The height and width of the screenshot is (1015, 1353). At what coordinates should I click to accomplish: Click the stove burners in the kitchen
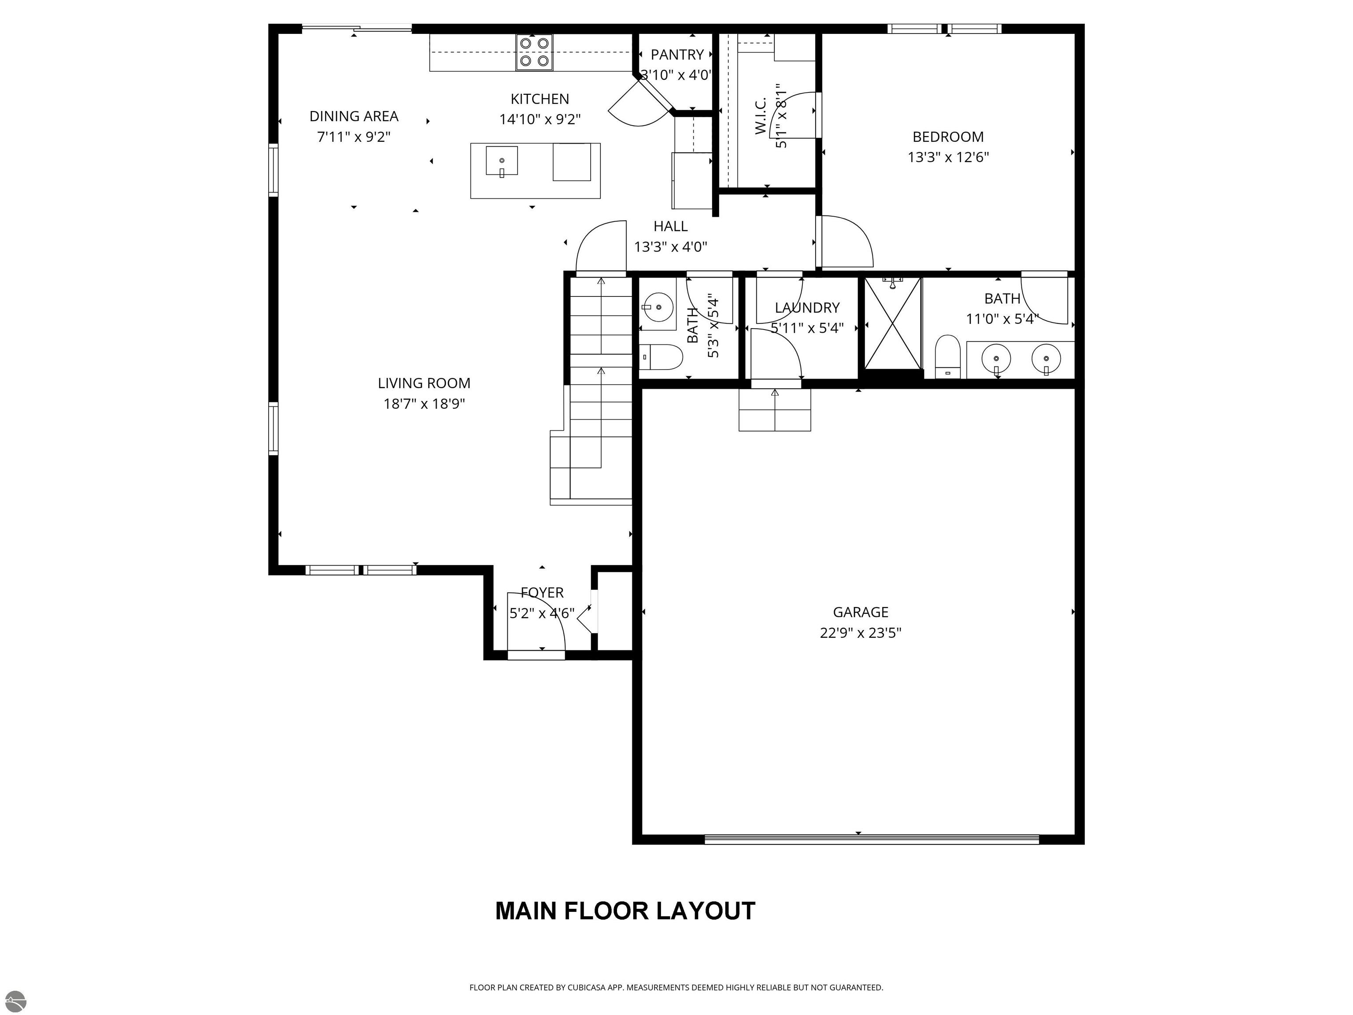tap(534, 52)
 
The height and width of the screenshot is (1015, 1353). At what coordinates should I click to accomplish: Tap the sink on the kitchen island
tap(502, 161)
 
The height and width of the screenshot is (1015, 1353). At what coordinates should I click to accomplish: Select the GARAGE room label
tap(860, 612)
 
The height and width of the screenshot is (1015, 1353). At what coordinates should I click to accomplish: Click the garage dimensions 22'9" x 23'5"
tap(860, 633)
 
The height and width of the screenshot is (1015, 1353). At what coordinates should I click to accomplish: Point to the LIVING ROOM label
tap(424, 383)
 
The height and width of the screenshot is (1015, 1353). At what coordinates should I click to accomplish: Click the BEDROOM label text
tap(948, 137)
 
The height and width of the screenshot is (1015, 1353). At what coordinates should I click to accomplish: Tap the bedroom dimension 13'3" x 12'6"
tap(948, 157)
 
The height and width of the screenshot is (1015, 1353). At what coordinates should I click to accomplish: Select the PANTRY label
tap(677, 55)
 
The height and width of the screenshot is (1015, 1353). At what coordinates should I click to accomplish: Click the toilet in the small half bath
tap(661, 357)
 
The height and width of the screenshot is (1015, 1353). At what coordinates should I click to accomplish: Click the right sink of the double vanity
tap(1046, 359)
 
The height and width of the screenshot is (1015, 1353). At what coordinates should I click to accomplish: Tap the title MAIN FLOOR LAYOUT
tap(625, 911)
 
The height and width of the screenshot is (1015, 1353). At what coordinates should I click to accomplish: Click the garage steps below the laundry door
tap(775, 409)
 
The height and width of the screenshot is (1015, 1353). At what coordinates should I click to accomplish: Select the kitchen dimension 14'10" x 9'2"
tap(540, 119)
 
